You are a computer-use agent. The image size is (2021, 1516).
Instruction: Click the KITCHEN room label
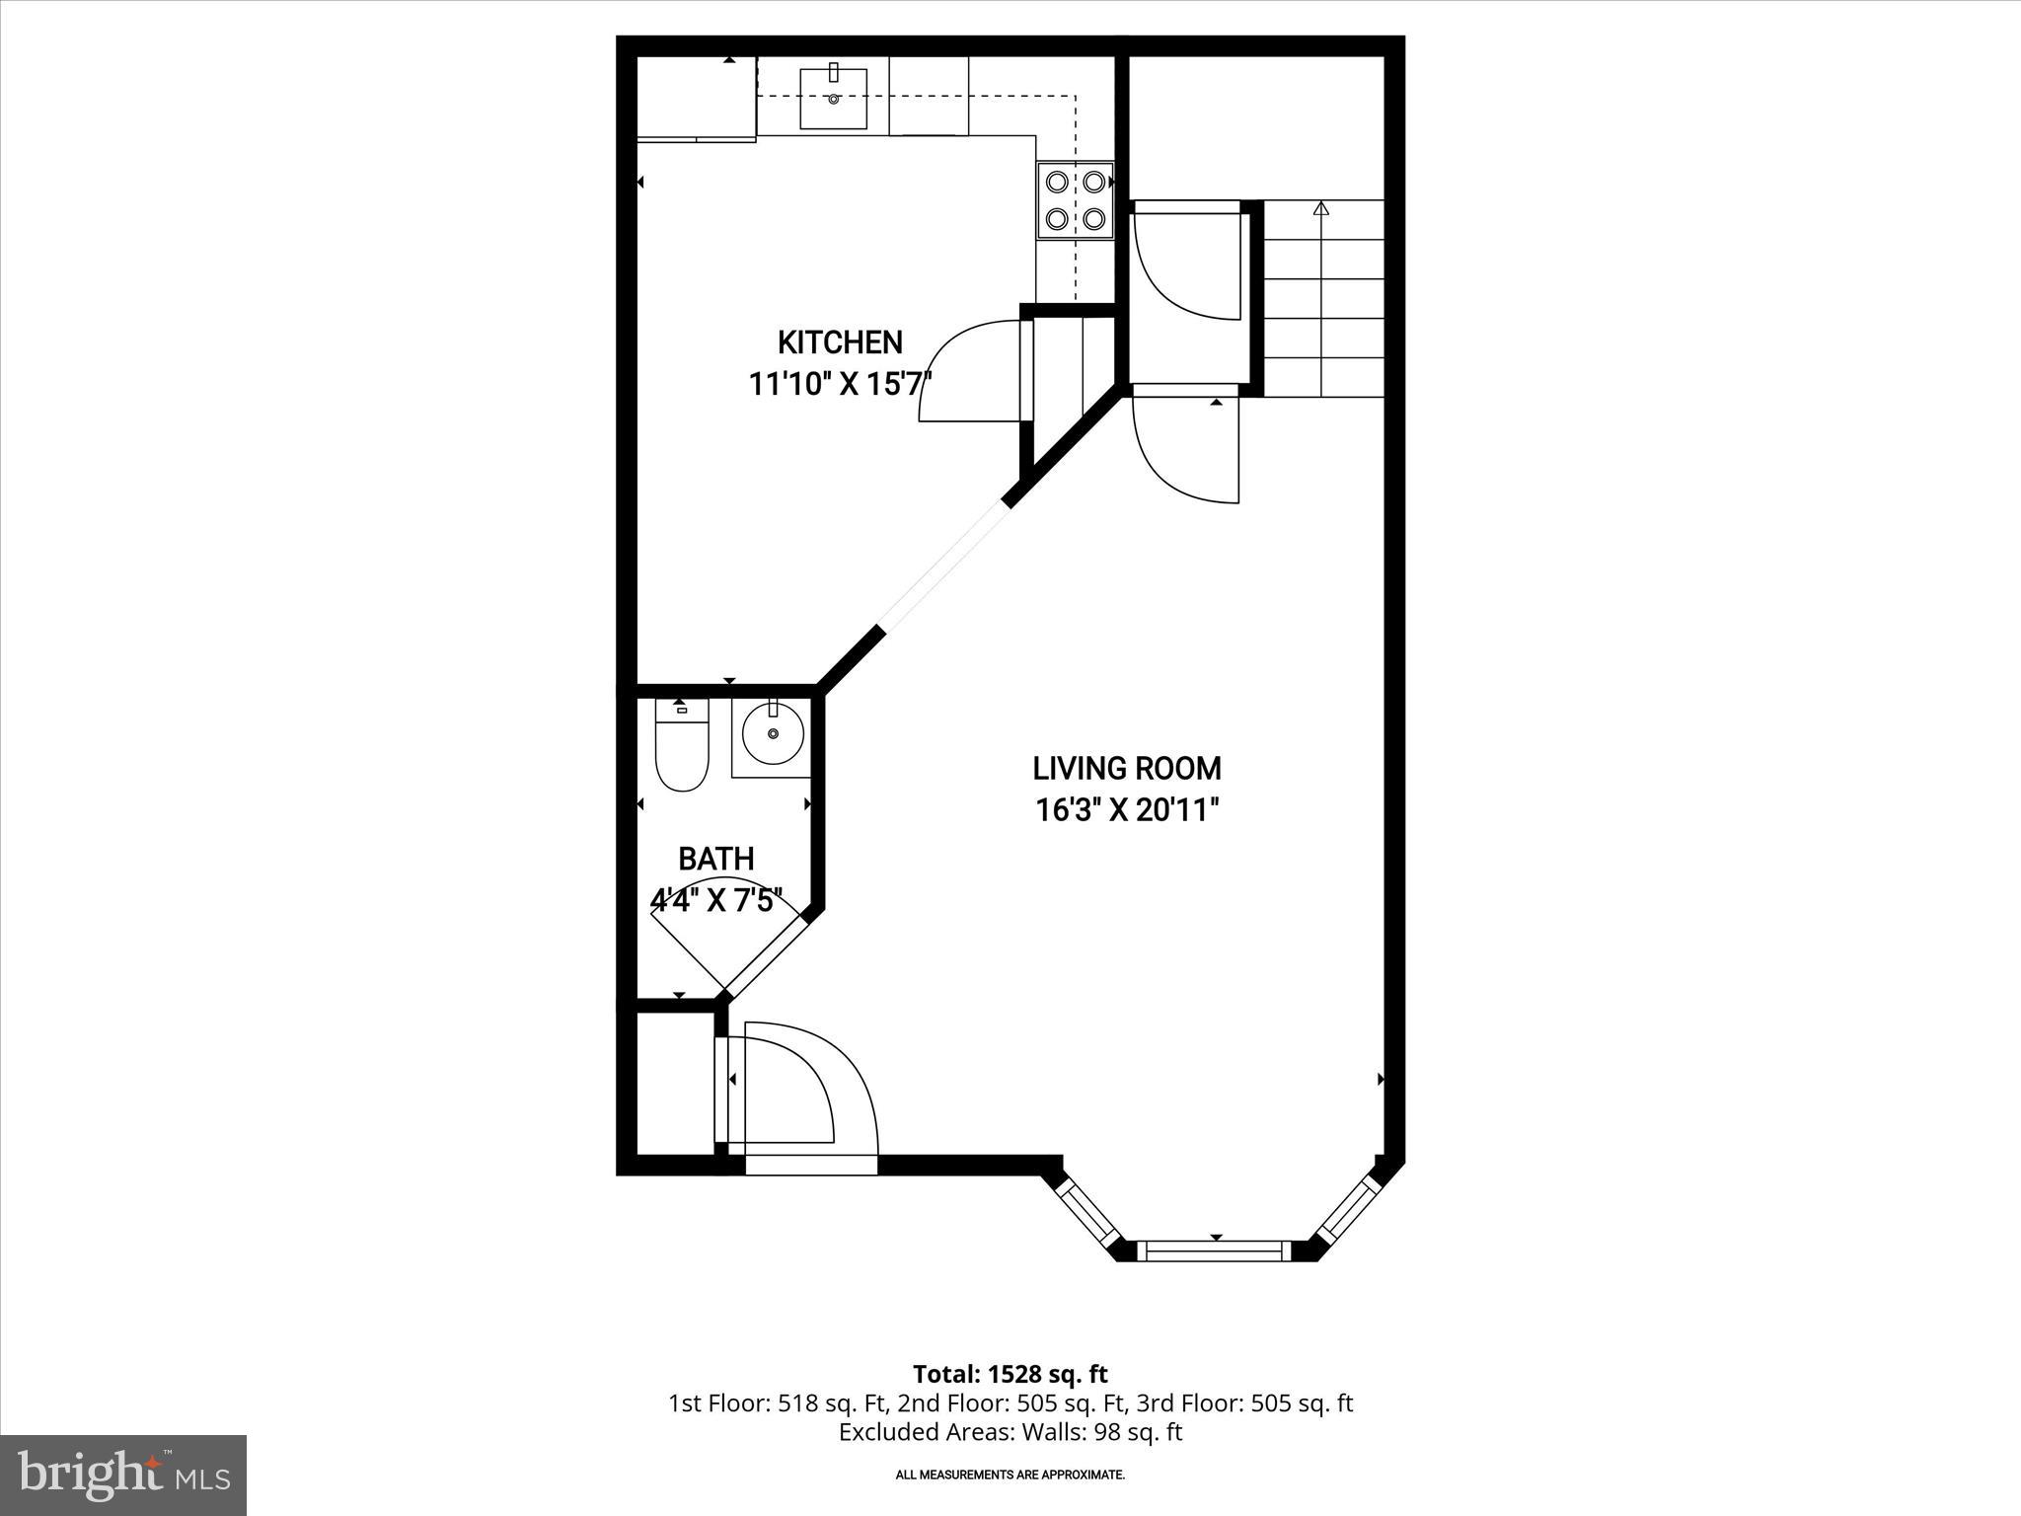pos(840,342)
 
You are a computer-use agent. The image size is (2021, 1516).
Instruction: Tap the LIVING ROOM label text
pos(1127,768)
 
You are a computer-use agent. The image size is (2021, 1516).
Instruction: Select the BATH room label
pos(716,859)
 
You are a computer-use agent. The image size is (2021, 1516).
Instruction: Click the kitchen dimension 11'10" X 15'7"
pos(840,384)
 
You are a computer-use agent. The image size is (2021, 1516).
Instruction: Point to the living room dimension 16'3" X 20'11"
pos(1127,810)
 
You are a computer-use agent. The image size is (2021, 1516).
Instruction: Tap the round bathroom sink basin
pos(773,733)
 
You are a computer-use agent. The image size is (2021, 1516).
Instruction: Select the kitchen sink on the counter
pos(833,99)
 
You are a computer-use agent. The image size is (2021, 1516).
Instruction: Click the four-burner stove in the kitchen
pos(1075,200)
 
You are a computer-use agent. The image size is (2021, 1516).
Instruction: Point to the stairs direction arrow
pos(1321,209)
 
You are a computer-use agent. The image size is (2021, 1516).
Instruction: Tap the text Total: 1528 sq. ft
pos(1010,1374)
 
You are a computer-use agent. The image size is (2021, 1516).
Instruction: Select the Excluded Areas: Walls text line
pos(1010,1432)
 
